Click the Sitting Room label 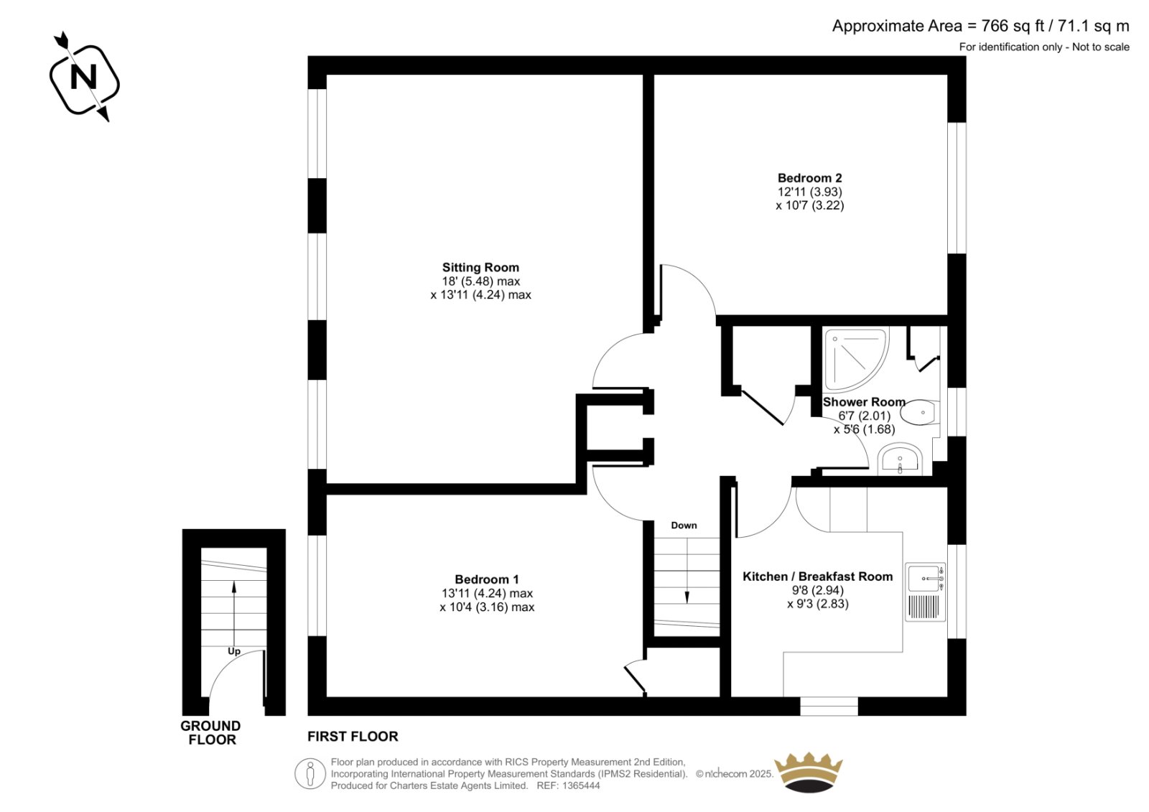pos(480,267)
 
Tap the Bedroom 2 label pos(809,178)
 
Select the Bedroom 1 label pos(487,579)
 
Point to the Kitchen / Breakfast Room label pos(818,576)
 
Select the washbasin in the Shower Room pos(900,459)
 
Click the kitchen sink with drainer pos(926,592)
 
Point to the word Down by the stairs pos(684,526)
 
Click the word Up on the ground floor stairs pos(234,651)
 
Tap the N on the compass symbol pos(83,78)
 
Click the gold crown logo pos(809,773)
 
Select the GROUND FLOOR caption pos(211,732)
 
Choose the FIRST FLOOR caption pos(353,737)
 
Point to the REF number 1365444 pos(581,785)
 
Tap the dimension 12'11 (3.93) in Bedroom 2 pos(810,192)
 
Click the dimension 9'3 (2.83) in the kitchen pos(818,604)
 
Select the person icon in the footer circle pos(310,774)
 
